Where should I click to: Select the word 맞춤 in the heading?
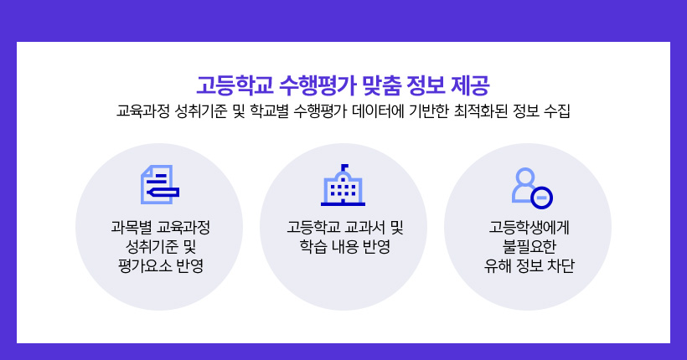[382, 85]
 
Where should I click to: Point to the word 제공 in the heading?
[470, 85]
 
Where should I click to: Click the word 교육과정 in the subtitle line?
[142, 111]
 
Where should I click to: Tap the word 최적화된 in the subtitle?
[481, 111]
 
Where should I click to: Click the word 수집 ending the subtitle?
[557, 111]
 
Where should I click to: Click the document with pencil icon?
[160, 184]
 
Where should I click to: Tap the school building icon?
[343, 185]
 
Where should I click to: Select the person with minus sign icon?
[532, 188]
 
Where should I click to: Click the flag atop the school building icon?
[345, 167]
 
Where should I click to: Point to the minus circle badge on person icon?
[541, 198]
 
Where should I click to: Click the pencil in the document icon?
[163, 193]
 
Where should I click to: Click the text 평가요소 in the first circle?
[145, 265]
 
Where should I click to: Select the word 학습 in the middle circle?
[313, 247]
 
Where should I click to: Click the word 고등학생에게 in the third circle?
[529, 227]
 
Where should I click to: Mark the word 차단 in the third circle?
[560, 265]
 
